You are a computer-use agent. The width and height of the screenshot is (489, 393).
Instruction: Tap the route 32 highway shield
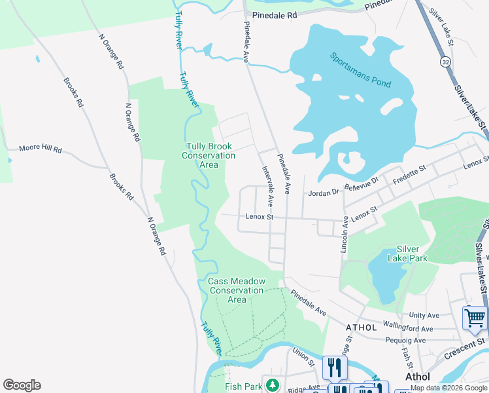[x=445, y=61]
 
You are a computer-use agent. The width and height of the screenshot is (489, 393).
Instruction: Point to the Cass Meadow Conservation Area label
[x=237, y=290]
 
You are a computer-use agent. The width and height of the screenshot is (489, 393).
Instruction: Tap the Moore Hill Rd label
[x=40, y=150]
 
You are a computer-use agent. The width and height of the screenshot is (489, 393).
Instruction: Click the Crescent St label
[x=465, y=348]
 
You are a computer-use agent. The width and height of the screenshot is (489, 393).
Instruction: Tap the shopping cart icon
[x=475, y=319]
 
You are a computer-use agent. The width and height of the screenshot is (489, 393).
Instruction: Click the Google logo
[x=22, y=385]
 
